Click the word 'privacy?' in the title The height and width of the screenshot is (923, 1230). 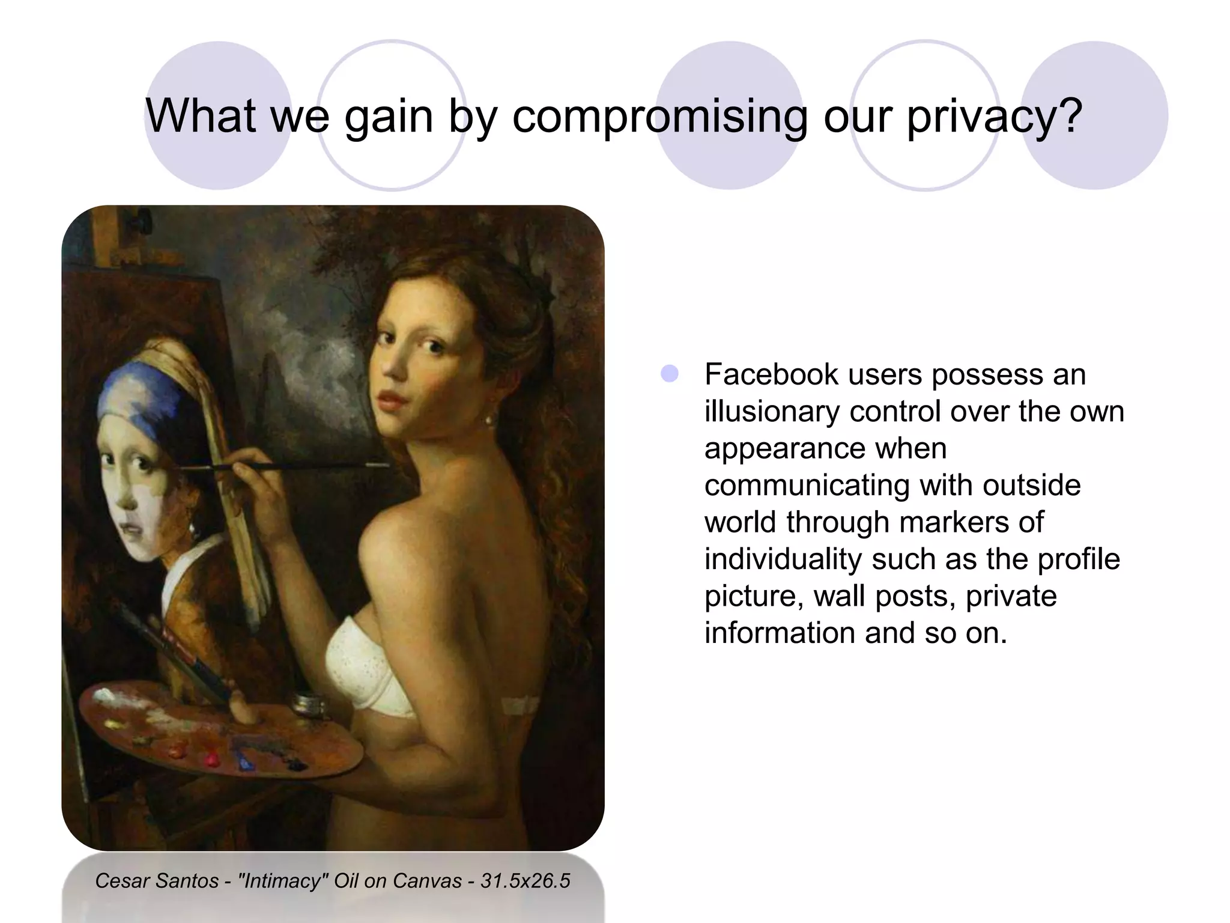click(994, 116)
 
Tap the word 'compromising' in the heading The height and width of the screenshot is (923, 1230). click(659, 116)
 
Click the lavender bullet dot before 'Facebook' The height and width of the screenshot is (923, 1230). click(669, 374)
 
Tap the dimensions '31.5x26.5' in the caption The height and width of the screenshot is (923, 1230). click(525, 881)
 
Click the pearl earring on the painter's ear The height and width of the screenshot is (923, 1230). click(488, 419)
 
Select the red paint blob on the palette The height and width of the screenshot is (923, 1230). click(210, 758)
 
